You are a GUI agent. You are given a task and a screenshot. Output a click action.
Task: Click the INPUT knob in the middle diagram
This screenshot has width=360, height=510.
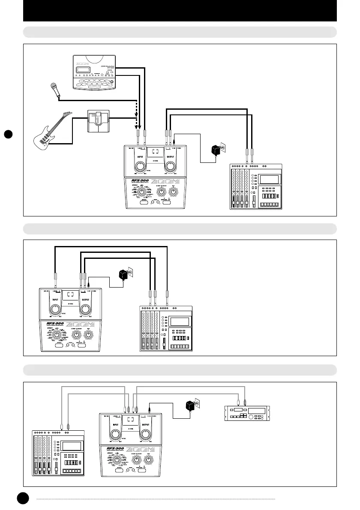pyautogui.click(x=55, y=309)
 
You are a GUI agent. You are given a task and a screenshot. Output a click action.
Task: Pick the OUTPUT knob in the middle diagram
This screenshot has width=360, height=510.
pyautogui.click(x=85, y=309)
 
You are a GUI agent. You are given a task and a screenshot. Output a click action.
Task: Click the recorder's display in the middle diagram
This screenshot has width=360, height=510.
pyautogui.click(x=179, y=321)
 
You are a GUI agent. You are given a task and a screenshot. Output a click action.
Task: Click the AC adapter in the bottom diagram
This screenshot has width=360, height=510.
pyautogui.click(x=189, y=405)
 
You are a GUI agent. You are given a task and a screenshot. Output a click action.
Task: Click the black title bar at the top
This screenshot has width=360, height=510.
pyautogui.click(x=180, y=11)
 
